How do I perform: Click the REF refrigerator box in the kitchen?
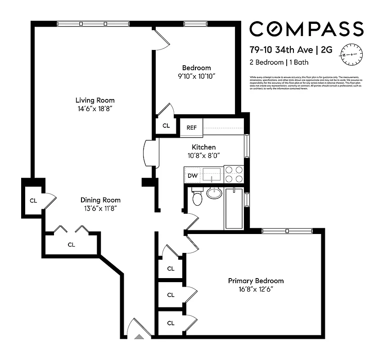point(192,127)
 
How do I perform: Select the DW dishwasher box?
point(192,175)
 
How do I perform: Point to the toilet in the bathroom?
point(197,198)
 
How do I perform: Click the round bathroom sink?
point(215,193)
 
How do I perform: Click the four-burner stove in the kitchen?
point(234,174)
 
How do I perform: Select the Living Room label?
point(95,100)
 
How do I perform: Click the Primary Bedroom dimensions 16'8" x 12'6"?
point(256,289)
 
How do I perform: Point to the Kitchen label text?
point(204,147)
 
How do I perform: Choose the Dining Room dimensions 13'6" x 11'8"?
point(100,208)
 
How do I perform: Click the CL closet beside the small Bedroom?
point(166,126)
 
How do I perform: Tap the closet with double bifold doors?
point(71,244)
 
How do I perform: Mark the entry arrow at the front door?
point(140,336)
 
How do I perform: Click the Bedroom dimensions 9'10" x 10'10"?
point(196,76)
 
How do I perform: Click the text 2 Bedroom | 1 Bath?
point(279,63)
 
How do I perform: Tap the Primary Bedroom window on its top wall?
point(287,231)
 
